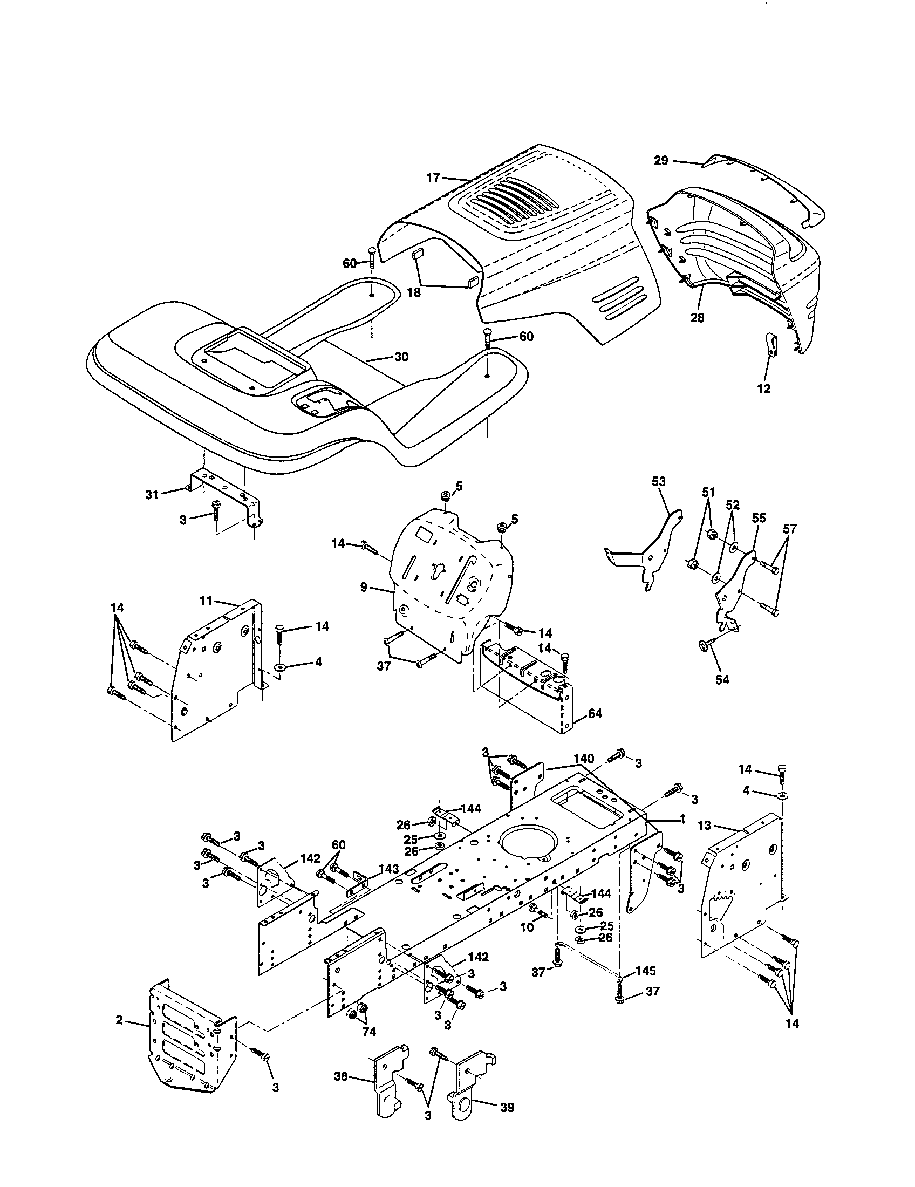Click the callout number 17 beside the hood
pyautogui.click(x=433, y=177)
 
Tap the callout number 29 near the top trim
pyautogui.click(x=661, y=161)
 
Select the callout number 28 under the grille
pyautogui.click(x=697, y=318)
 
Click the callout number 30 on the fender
pyautogui.click(x=401, y=357)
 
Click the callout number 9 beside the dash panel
pyautogui.click(x=364, y=587)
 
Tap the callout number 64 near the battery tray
pyautogui.click(x=595, y=713)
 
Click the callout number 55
pyautogui.click(x=759, y=518)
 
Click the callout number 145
pyautogui.click(x=645, y=971)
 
